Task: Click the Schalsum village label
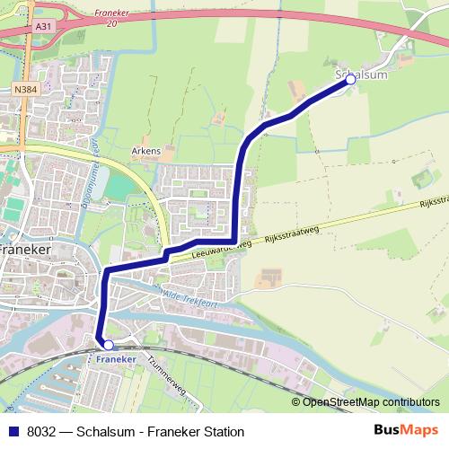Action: pos(360,75)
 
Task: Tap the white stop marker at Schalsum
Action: pos(350,80)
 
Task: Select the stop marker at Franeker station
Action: pos(108,345)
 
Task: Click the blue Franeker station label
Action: pos(115,357)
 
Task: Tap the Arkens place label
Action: pos(145,150)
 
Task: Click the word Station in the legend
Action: pos(222,431)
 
